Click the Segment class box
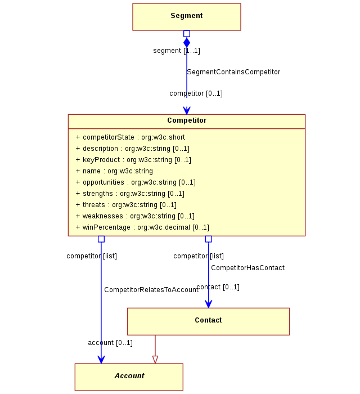pyautogui.click(x=187, y=17)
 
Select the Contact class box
pyautogui.click(x=208, y=321)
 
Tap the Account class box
pyautogui.click(x=129, y=377)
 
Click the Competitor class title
pyautogui.click(x=187, y=120)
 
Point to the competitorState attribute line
pyautogui.click(x=130, y=137)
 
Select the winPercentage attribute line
pyautogui.click(x=142, y=227)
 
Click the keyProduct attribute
pyautogui.click(x=133, y=160)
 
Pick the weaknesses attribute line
pyautogui.click(x=135, y=216)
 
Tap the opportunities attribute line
pyautogui.click(x=136, y=182)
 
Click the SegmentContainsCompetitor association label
pyautogui.click(x=233, y=72)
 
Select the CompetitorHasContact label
pyautogui.click(x=248, y=268)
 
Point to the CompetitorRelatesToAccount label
pyautogui.click(x=151, y=290)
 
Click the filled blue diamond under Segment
pyautogui.click(x=187, y=42)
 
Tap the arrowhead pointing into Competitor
pyautogui.click(x=187, y=110)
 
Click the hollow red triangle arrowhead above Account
pyautogui.click(x=155, y=360)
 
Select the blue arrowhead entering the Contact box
pyautogui.click(x=208, y=304)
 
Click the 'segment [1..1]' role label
pyautogui.click(x=177, y=51)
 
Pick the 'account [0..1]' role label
pyautogui.click(x=110, y=343)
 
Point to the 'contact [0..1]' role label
pyautogui.click(x=218, y=287)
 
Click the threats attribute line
pyautogui.click(x=126, y=205)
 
